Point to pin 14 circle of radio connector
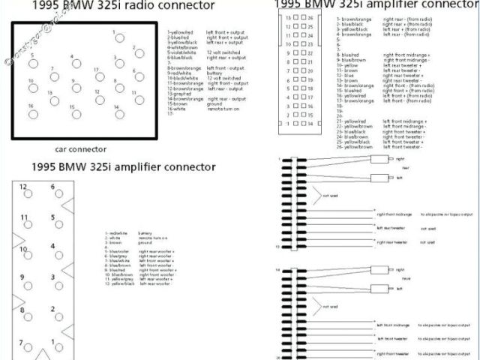(117, 115)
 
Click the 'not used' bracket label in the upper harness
(330, 195)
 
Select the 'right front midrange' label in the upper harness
(394, 213)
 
